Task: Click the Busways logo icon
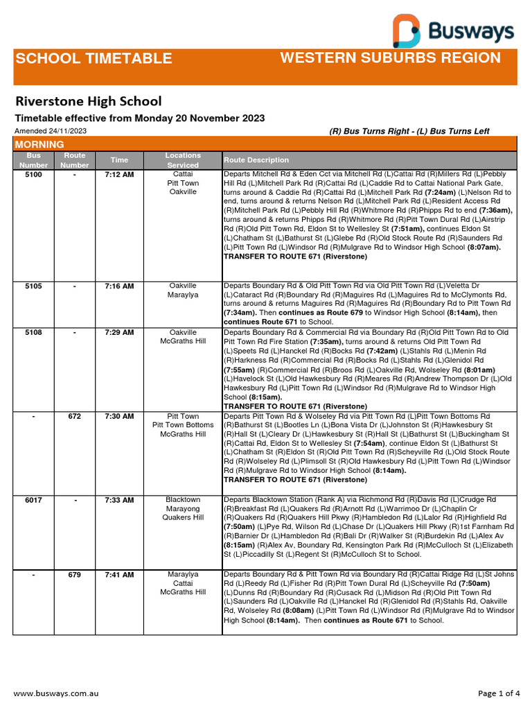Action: click(x=407, y=31)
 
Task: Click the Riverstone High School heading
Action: click(x=89, y=101)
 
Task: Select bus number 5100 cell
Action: click(x=34, y=175)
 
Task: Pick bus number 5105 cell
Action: click(x=34, y=286)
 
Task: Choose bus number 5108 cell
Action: click(x=34, y=333)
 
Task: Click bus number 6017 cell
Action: click(x=34, y=500)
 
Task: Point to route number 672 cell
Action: click(x=75, y=417)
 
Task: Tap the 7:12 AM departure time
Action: click(x=119, y=175)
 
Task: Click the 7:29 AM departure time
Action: click(x=119, y=333)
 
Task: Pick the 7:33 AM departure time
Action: click(x=119, y=500)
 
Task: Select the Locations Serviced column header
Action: click(x=183, y=160)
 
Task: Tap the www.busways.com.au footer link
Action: click(x=56, y=693)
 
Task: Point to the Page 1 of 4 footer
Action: click(x=499, y=693)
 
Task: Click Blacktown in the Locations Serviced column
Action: click(x=184, y=500)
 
